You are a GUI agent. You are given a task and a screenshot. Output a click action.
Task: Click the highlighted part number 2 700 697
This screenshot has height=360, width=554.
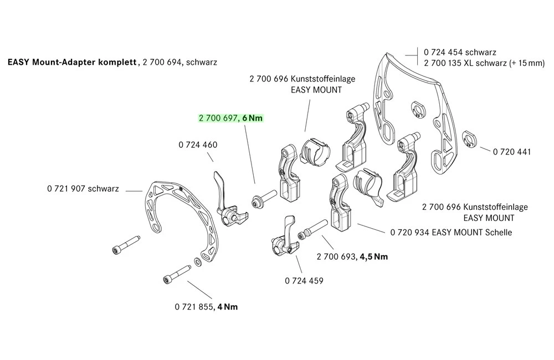pyautogui.click(x=218, y=118)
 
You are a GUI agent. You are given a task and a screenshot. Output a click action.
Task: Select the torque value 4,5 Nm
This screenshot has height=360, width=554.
pyautogui.click(x=375, y=256)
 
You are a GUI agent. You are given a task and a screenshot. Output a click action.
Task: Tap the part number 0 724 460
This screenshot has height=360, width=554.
pyautogui.click(x=198, y=145)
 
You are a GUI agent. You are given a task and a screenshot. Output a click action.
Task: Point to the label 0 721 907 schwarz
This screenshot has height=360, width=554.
pyautogui.click(x=83, y=189)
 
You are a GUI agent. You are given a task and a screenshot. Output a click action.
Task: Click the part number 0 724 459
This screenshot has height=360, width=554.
pyautogui.click(x=304, y=281)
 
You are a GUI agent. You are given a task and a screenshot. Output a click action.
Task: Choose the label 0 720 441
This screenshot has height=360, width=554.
pyautogui.click(x=512, y=151)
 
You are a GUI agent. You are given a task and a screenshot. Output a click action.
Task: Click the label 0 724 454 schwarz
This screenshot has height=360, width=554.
pyautogui.click(x=460, y=52)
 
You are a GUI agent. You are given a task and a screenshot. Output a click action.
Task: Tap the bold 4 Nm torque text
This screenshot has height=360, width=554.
pyautogui.click(x=227, y=306)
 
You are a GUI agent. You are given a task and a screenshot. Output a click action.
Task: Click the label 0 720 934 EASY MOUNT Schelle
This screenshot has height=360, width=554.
pyautogui.click(x=451, y=233)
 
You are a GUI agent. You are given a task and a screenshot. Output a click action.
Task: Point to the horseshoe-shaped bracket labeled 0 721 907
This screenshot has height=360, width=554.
pyautogui.click(x=183, y=216)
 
